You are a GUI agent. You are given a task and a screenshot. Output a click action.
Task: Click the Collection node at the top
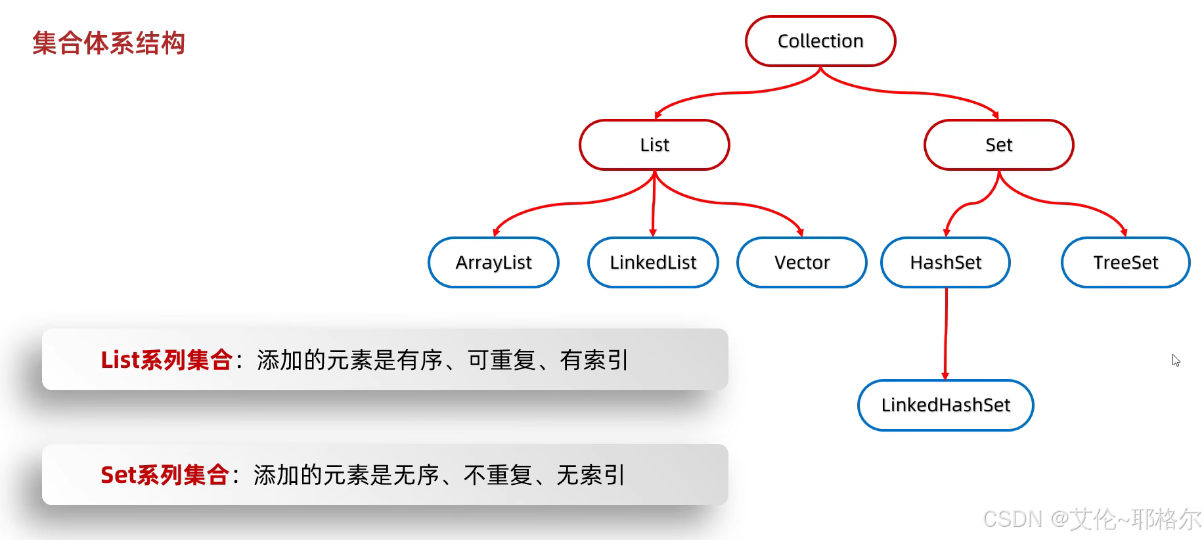[820, 41]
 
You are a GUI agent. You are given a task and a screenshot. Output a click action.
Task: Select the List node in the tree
[654, 145]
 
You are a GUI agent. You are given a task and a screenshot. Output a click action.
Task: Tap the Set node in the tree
[998, 145]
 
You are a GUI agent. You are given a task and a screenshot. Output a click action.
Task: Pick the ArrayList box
[493, 263]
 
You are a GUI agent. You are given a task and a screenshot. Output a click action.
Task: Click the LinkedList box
[653, 263]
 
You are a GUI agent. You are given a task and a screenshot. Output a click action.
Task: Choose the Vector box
[801, 263]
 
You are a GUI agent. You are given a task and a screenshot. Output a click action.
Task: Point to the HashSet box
[945, 263]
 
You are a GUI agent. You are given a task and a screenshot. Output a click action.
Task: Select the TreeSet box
[1125, 263]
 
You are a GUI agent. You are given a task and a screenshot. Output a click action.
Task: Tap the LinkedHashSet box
[945, 405]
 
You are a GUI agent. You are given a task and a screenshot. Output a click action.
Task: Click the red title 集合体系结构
[109, 43]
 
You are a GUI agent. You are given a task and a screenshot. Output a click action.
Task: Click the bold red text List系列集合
[166, 360]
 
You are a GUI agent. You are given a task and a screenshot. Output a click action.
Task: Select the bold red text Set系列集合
[164, 475]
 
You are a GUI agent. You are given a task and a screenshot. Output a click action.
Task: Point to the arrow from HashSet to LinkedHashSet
[946, 334]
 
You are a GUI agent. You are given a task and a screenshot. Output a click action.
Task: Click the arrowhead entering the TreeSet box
[1124, 233]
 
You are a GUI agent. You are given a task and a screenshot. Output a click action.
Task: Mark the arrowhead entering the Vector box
[800, 233]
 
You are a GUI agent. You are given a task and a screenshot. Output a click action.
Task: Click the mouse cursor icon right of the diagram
[1176, 360]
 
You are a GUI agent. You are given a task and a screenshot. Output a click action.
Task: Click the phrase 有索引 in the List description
[594, 360]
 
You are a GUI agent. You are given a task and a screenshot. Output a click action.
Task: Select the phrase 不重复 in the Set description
[498, 475]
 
